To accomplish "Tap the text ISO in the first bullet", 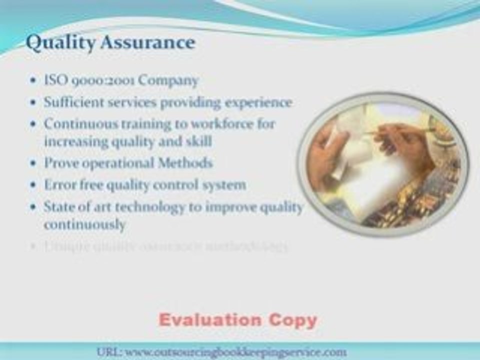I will pyautogui.click(x=54, y=80).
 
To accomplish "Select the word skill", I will pyautogui.click(x=199, y=141).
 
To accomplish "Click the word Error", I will pyautogui.click(x=59, y=184).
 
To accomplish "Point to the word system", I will pyautogui.click(x=223, y=184).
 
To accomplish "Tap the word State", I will pyautogui.click(x=58, y=206).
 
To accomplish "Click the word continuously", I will pyautogui.click(x=84, y=224).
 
